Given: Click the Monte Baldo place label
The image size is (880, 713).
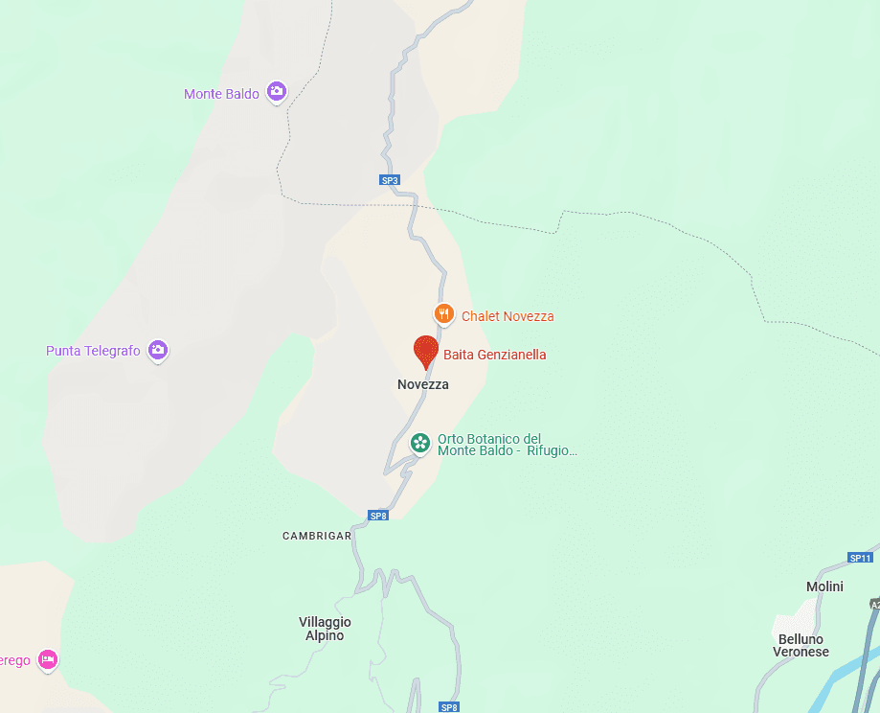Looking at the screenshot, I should point(221,94).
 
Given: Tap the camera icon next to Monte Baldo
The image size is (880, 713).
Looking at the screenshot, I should point(277,91).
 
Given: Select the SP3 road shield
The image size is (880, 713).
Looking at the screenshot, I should point(389,180).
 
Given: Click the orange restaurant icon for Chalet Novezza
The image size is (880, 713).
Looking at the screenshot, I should point(443,313).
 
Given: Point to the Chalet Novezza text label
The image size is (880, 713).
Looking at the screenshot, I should point(508,316).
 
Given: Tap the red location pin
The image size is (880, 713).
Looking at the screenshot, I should point(425,351).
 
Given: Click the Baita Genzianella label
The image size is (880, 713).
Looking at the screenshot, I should point(494,355).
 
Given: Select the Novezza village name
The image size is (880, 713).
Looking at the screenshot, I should point(422,384).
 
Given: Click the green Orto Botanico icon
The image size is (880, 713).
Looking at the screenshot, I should point(419,443).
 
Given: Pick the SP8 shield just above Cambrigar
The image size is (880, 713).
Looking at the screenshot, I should point(378,516).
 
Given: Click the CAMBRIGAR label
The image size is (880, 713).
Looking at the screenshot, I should point(317,536).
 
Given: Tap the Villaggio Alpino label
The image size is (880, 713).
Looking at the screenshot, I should point(325,629).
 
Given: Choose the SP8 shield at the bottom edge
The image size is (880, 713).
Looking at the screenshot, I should point(449,707).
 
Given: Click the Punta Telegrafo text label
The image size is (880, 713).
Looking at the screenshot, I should point(93,351).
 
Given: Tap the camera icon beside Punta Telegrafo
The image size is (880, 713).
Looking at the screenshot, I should point(159,351).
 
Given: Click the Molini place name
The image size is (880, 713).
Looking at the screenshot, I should point(824,586).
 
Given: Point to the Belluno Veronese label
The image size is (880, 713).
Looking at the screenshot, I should point(801,646).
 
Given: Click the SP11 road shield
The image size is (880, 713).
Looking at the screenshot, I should point(860,558).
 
